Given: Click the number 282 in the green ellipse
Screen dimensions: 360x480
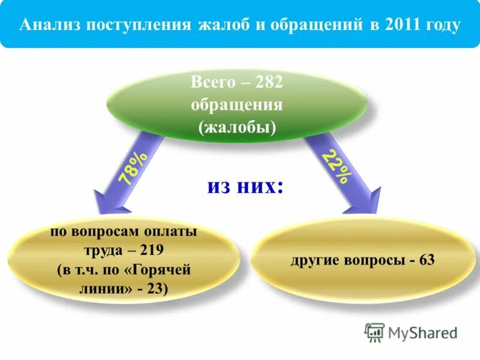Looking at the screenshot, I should [268, 82].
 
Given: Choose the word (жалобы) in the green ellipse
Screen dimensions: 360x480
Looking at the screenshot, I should [238, 127].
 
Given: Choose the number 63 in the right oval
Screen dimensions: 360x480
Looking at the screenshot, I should [427, 260].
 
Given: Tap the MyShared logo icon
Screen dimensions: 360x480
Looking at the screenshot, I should [374, 332].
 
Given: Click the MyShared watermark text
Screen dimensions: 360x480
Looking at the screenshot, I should [422, 332].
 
